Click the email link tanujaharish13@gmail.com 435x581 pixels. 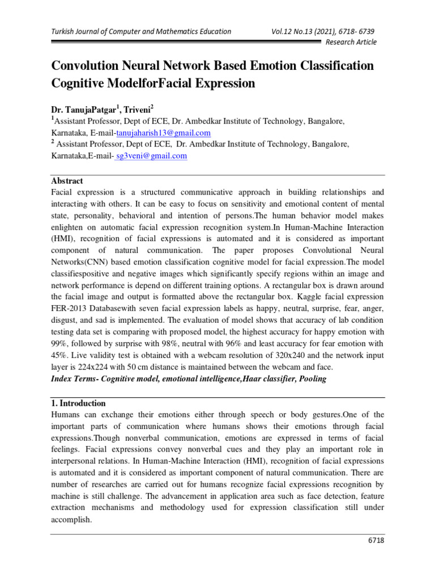point(164,133)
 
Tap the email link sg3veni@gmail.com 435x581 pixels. point(151,156)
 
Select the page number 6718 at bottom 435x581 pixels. point(376,541)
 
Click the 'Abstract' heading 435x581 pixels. point(67,181)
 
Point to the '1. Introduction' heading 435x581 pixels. point(78,403)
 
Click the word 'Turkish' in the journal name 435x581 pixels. point(63,31)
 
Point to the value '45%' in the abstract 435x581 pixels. point(61,356)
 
